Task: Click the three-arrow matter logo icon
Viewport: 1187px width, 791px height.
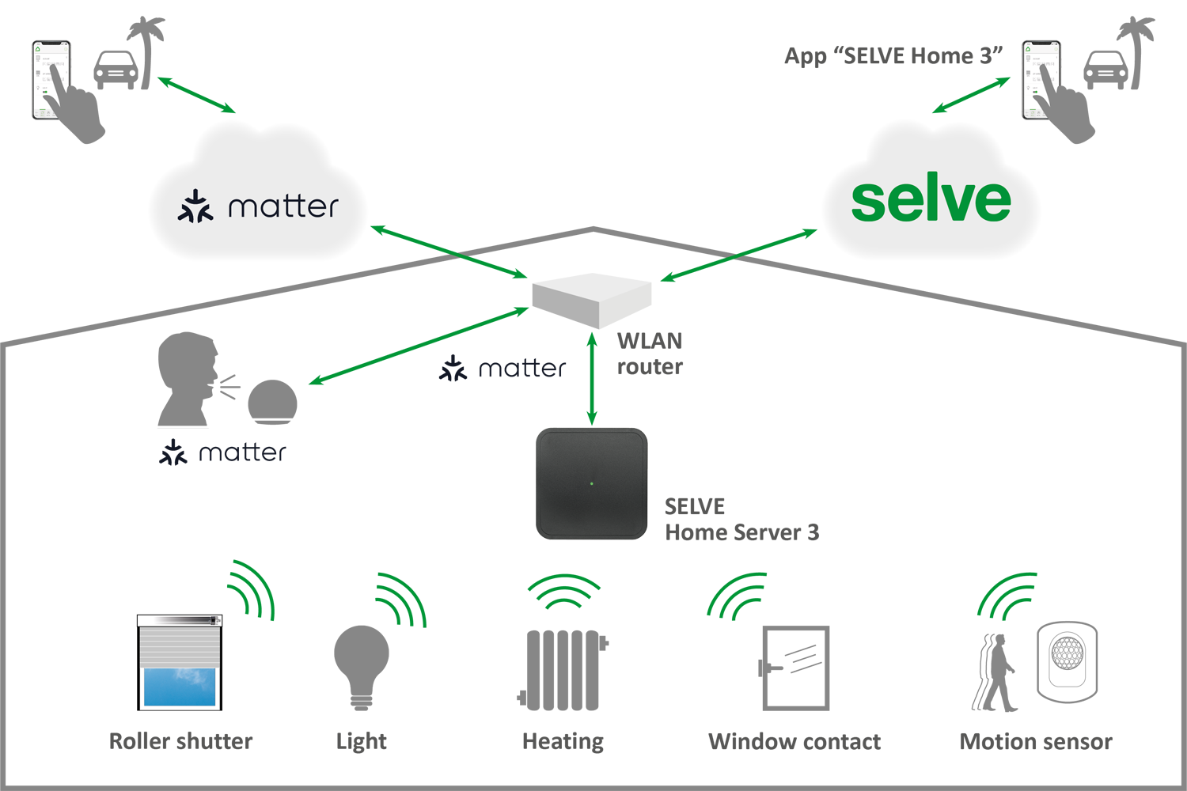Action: click(195, 206)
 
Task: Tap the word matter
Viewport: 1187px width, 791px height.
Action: click(283, 206)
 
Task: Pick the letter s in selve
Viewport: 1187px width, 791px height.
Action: click(868, 202)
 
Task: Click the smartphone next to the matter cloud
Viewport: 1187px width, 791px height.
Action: click(49, 80)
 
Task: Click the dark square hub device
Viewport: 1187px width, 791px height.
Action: click(593, 483)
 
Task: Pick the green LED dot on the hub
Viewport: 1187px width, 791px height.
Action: click(591, 483)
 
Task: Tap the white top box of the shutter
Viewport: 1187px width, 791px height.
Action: click(179, 621)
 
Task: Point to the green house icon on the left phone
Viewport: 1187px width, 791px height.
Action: click(37, 49)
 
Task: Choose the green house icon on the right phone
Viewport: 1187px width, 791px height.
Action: click(1028, 49)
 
